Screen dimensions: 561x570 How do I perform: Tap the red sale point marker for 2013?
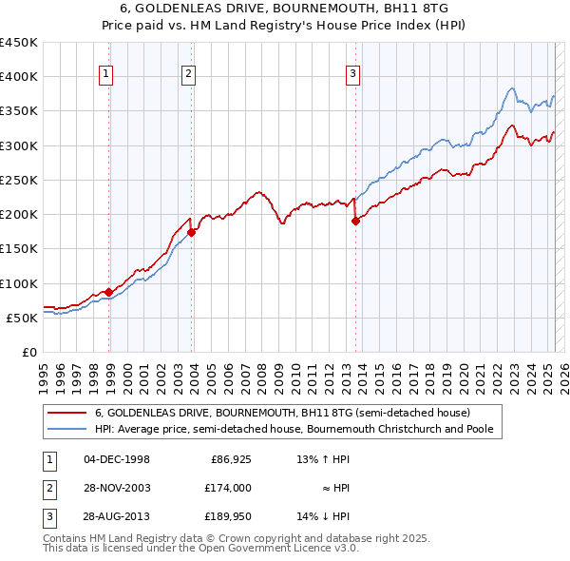[x=356, y=221]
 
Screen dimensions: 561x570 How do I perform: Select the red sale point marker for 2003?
[x=192, y=231]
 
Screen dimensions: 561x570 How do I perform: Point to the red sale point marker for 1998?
[x=108, y=292]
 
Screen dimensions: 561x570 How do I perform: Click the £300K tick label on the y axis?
[x=18, y=145]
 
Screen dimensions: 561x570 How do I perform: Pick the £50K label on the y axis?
[x=22, y=318]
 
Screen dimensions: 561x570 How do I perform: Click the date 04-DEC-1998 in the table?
[x=117, y=459]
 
